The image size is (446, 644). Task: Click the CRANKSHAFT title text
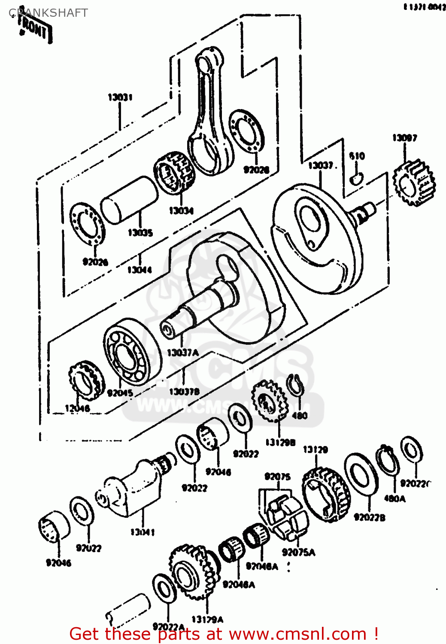[49, 13]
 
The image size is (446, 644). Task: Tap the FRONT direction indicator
[35, 30]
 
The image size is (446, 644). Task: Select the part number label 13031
[120, 97]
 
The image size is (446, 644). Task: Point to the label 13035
[140, 233]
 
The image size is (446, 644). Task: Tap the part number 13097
[404, 138]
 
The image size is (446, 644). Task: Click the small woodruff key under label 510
[356, 178]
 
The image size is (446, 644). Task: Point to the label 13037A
[182, 352]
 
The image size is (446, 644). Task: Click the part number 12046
[77, 408]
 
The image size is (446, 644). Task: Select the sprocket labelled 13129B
[269, 402]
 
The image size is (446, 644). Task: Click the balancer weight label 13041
[143, 532]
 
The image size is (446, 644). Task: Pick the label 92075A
[298, 552]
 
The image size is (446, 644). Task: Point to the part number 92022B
[369, 517]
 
